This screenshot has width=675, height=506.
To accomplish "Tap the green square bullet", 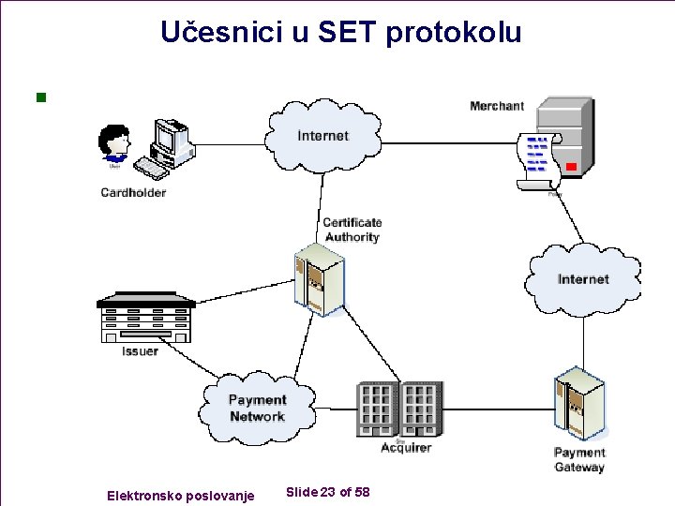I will (x=39, y=97).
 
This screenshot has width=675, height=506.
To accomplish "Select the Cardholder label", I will (x=133, y=193).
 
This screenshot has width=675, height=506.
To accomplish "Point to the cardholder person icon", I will (x=115, y=145).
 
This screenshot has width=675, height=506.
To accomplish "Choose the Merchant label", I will (x=497, y=106).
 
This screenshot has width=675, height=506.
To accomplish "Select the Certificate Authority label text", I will (x=352, y=230).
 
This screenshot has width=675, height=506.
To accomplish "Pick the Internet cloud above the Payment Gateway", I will (x=583, y=278).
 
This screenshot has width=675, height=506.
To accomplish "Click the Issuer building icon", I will (x=146, y=319).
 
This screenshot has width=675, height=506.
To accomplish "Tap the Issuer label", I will (x=140, y=351).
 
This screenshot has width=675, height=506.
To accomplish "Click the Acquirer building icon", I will (x=398, y=409).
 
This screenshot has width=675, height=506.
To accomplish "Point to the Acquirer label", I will (x=406, y=448).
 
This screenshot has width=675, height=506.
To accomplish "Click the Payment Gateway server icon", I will (x=578, y=404).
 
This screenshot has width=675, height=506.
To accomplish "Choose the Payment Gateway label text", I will (x=579, y=460).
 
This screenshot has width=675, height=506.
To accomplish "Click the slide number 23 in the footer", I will (x=328, y=493).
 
